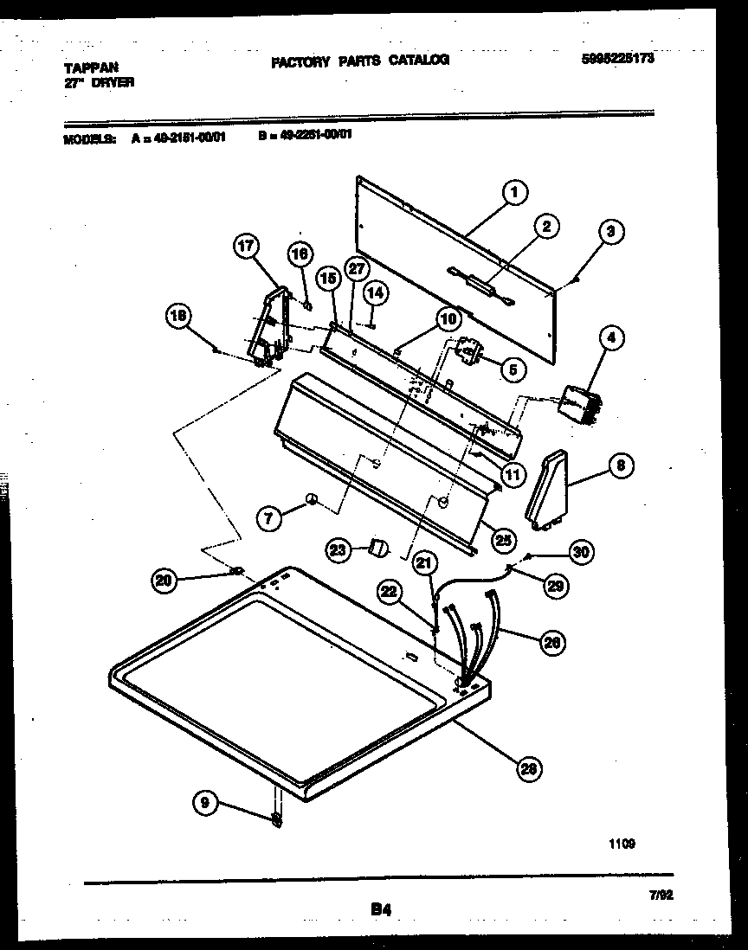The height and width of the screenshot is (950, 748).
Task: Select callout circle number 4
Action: click(x=610, y=338)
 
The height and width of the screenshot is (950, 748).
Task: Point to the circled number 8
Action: click(x=619, y=465)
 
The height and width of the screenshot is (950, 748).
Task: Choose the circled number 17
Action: click(x=247, y=247)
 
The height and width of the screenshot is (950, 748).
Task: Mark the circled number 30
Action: click(x=582, y=551)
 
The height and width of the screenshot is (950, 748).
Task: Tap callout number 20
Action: click(x=164, y=582)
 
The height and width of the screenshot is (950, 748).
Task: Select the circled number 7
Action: click(x=270, y=518)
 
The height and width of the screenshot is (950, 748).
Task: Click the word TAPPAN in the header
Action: click(x=91, y=67)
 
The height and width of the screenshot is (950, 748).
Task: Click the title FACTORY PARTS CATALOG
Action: click(x=360, y=61)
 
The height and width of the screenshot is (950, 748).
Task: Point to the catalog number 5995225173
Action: click(x=618, y=60)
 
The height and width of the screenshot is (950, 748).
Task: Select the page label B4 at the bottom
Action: click(x=382, y=908)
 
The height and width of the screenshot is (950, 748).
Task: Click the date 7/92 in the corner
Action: click(x=661, y=896)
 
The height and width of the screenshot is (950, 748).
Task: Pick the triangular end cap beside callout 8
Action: click(x=545, y=490)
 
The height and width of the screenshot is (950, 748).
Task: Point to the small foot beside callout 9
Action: click(x=276, y=818)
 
